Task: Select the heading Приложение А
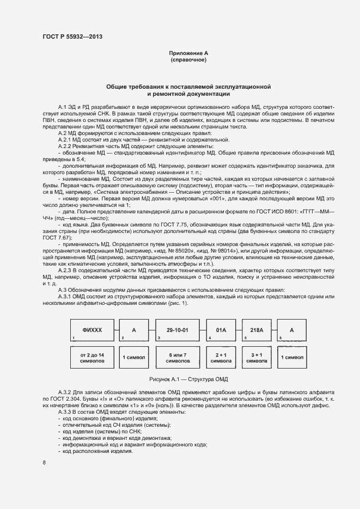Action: tap(188, 53)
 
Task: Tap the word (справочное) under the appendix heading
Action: tap(188, 60)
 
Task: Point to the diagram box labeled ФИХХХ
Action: tap(92, 330)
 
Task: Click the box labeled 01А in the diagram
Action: tap(221, 330)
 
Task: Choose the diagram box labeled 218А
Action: tap(256, 330)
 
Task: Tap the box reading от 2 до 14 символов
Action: tap(92, 357)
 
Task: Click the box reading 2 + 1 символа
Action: tap(221, 357)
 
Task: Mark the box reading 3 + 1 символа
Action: tap(256, 357)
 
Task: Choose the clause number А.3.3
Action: tap(67, 412)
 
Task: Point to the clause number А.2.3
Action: tap(67, 270)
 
